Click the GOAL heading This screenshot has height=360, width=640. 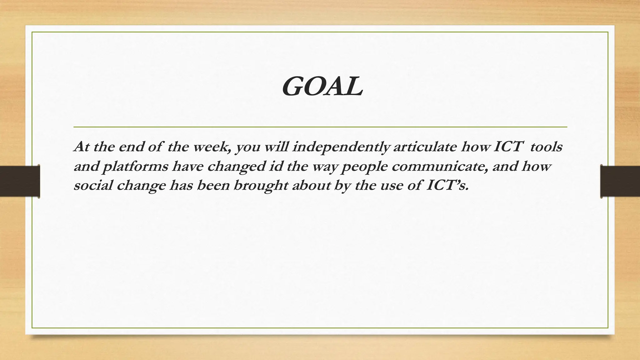point(322,87)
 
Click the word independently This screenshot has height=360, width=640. point(341,147)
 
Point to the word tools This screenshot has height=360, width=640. point(546,147)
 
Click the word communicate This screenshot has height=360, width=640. point(440,166)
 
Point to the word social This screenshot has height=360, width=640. point(93,186)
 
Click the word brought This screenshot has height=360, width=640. point(261,186)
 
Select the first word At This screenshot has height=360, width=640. point(82,147)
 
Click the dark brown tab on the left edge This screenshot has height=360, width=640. point(20,181)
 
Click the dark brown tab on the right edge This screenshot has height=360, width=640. point(620,181)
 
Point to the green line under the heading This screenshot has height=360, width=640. point(320,127)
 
